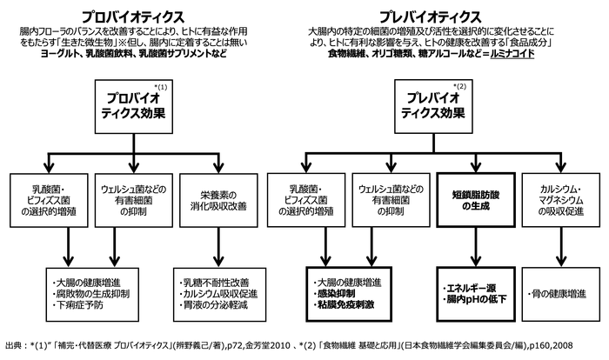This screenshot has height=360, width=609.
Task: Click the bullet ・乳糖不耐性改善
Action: click(213, 282)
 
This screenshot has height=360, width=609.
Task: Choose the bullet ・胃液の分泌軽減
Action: click(213, 308)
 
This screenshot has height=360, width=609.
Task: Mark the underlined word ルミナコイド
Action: click(509, 54)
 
